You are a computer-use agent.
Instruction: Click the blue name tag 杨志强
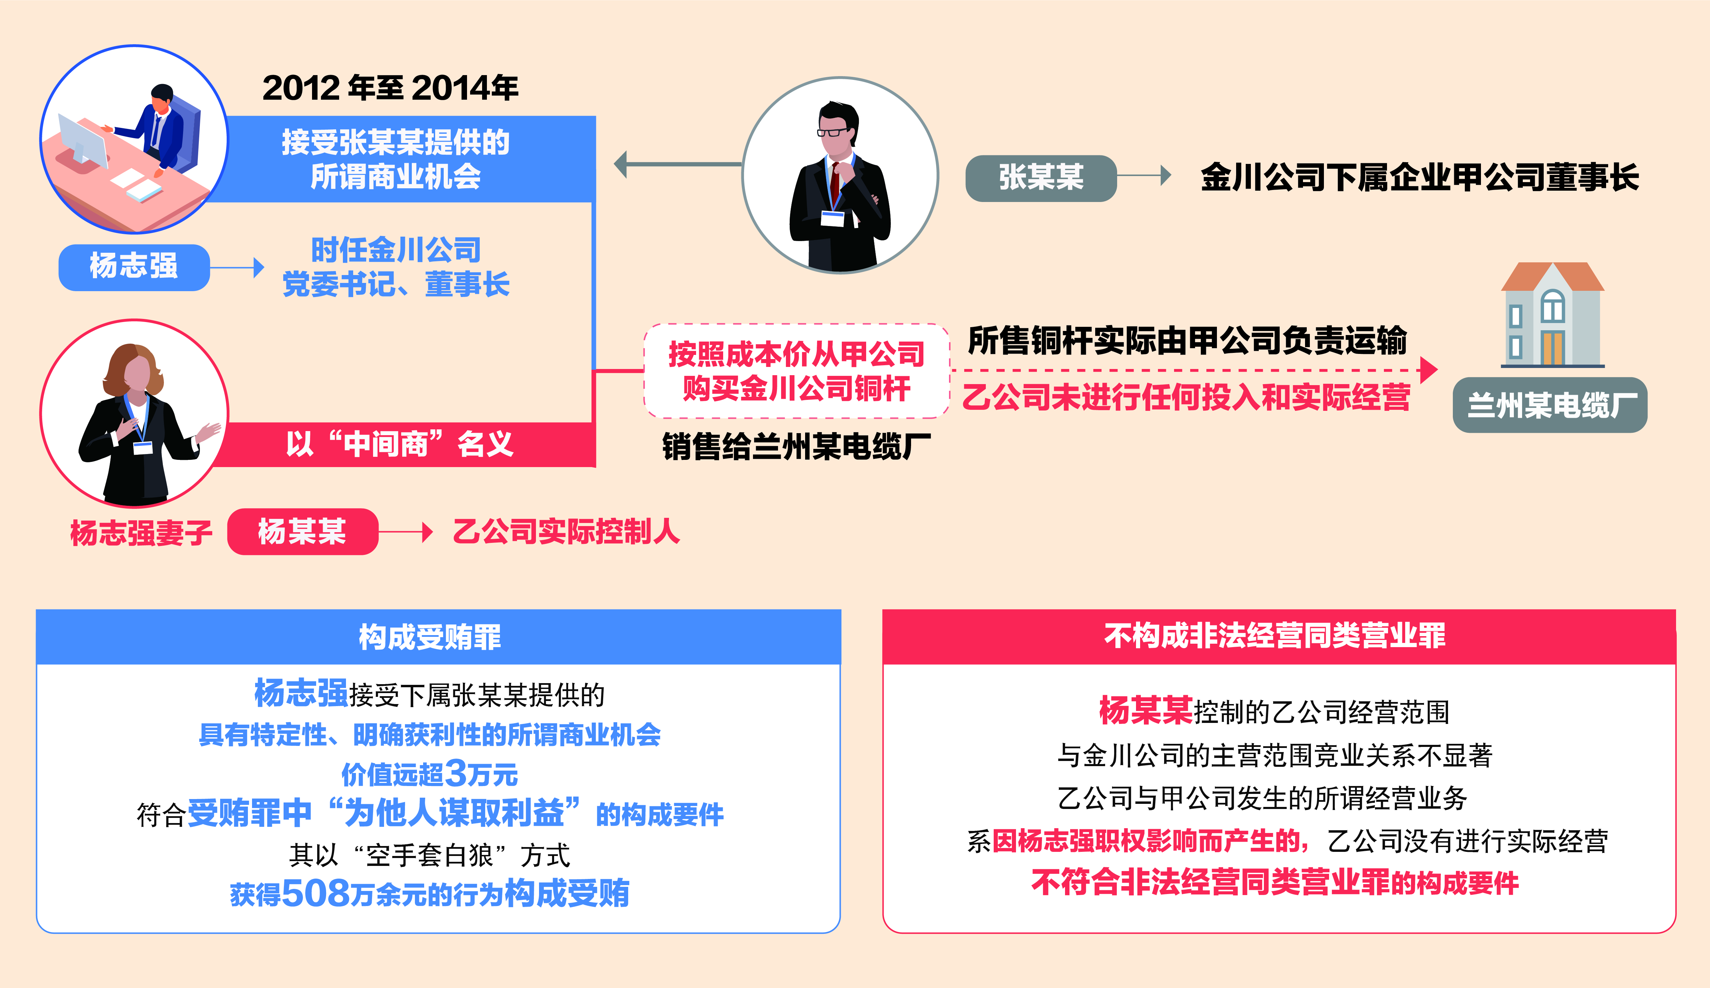(134, 267)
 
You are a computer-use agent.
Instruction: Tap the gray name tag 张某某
(1041, 178)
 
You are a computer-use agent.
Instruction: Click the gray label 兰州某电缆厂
(1550, 405)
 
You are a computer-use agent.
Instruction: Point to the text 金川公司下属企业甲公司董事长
(1420, 178)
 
